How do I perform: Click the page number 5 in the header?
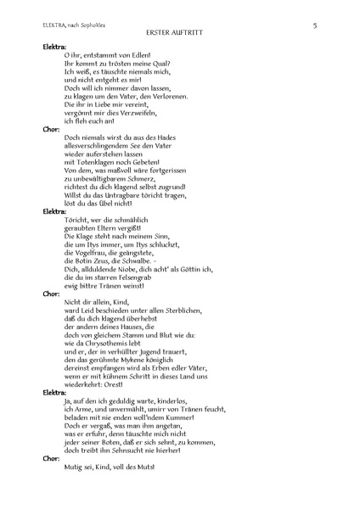(x=314, y=25)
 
